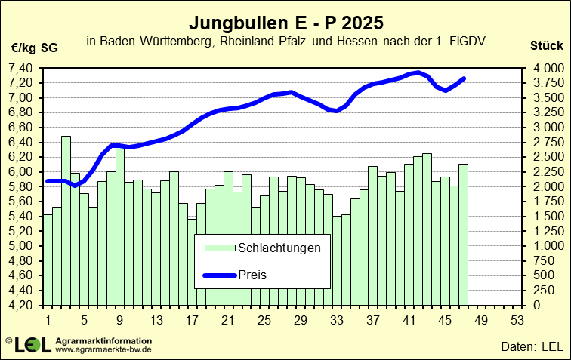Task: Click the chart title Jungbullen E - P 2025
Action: coord(285,20)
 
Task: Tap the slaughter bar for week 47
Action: coord(464,234)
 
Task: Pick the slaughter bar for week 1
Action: coord(48,260)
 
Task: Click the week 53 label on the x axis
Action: coord(518,320)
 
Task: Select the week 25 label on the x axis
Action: coord(264,320)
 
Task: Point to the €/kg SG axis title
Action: coord(35,47)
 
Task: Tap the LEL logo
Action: coord(32,344)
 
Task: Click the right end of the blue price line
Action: coord(464,78)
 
